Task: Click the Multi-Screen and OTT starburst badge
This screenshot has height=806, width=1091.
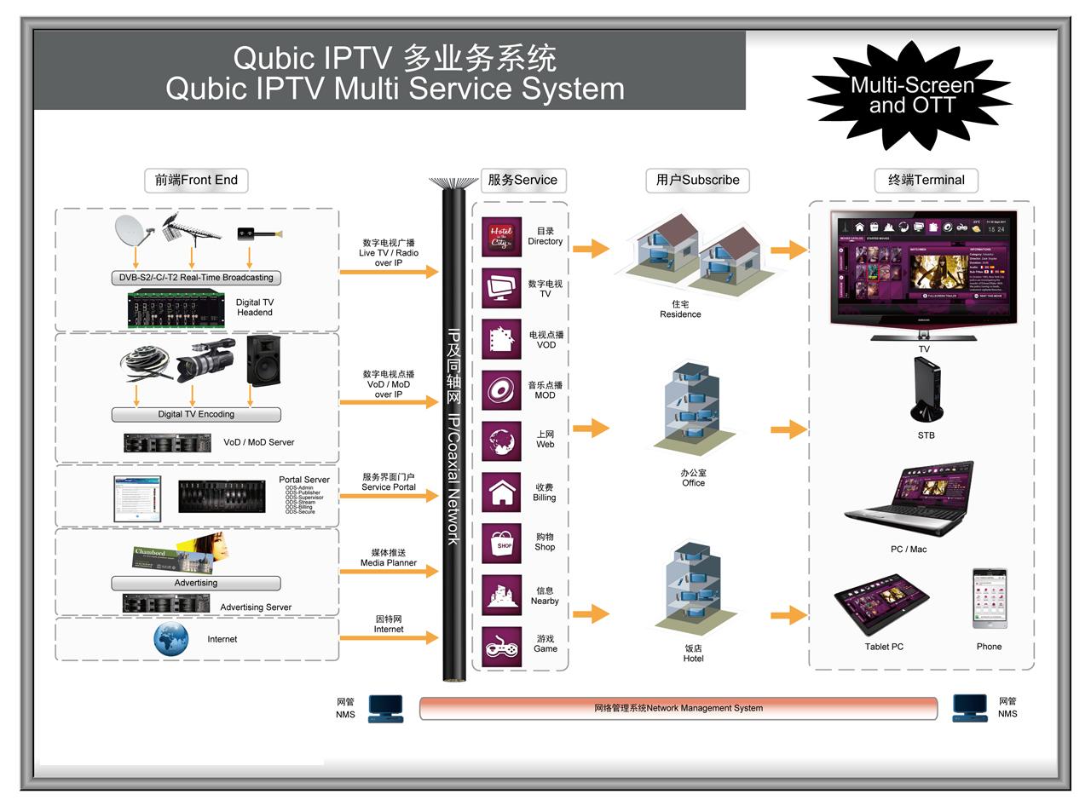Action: (911, 95)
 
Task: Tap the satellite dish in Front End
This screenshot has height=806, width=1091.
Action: (132, 229)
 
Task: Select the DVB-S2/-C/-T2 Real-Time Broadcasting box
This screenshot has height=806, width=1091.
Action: (196, 277)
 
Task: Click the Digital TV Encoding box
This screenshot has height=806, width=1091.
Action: (196, 414)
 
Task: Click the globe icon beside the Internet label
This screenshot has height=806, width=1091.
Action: (170, 639)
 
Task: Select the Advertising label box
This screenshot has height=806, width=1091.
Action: (196, 583)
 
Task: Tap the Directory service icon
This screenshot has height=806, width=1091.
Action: (501, 237)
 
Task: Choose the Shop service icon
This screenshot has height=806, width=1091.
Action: (502, 544)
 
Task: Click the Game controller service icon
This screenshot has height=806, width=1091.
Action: (502, 647)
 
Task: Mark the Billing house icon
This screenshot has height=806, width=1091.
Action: (502, 492)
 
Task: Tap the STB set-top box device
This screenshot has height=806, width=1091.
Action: (926, 389)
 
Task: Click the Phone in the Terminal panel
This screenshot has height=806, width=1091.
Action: (990, 599)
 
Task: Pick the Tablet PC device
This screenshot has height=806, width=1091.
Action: (881, 602)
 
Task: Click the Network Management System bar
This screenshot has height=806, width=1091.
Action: (678, 708)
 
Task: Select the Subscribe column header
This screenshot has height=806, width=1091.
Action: (697, 180)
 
